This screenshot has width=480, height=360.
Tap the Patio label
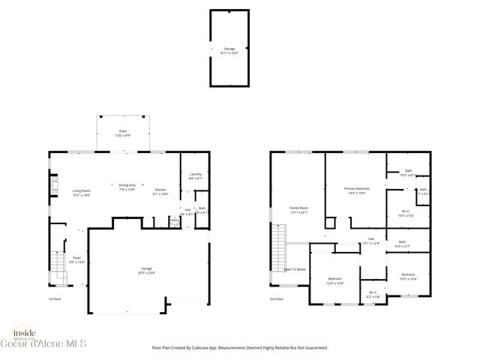[121, 133]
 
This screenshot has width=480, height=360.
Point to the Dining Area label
[127, 187]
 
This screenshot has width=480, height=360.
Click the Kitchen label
[160, 191]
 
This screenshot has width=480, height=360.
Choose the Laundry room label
[195, 176]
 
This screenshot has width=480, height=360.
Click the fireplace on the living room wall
[53, 187]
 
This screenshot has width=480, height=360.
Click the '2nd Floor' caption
[277, 298]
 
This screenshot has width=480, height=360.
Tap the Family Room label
[299, 209]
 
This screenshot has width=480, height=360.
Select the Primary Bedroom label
[356, 190]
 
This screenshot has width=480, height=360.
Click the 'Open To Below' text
[294, 268]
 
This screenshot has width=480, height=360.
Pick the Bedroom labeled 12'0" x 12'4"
[334, 280]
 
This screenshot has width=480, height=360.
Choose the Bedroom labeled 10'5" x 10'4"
[409, 277]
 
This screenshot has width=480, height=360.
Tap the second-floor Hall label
[371, 241]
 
